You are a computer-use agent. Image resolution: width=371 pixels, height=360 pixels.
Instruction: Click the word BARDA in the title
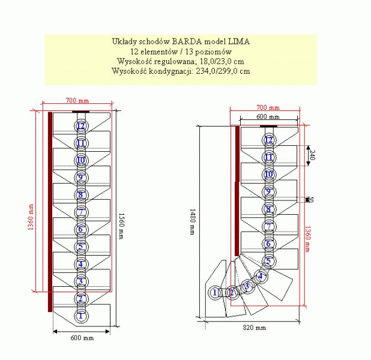click(x=186, y=42)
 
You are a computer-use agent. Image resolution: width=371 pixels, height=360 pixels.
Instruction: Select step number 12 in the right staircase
click(x=269, y=140)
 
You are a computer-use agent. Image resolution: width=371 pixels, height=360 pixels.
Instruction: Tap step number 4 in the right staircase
click(x=261, y=276)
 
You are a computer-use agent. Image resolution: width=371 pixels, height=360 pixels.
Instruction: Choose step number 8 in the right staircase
click(x=269, y=209)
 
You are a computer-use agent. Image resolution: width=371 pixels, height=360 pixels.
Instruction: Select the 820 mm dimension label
click(x=255, y=328)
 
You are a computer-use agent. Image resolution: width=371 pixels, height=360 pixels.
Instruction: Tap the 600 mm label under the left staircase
click(x=82, y=338)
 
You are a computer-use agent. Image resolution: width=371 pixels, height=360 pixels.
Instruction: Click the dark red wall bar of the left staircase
click(x=49, y=210)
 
